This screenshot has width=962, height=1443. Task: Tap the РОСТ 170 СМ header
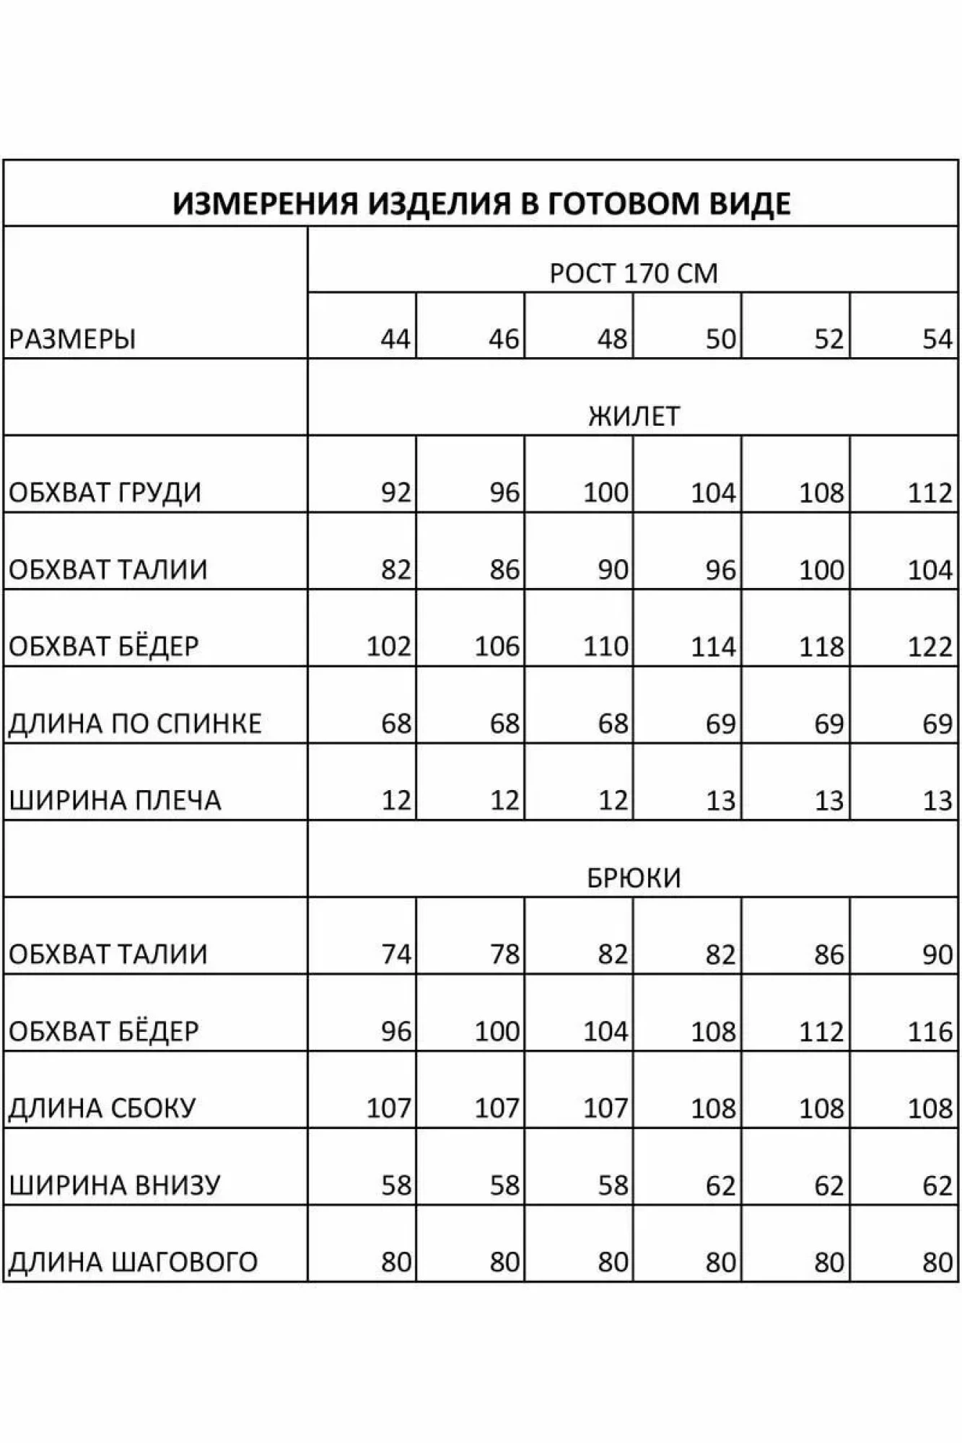tap(633, 273)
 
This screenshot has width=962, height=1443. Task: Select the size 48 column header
tap(612, 338)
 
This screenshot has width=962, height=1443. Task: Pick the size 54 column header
tap(937, 338)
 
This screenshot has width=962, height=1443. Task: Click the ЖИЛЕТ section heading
tap(633, 416)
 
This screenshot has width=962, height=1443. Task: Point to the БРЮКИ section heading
tap(633, 878)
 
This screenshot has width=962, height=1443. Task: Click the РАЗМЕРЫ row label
tap(72, 338)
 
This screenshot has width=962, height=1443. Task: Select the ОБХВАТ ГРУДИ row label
tap(105, 493)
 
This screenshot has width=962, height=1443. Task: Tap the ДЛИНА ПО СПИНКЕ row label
tap(135, 724)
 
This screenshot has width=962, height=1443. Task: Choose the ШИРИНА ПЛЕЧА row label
tap(115, 800)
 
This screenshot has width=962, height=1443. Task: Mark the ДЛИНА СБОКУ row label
tap(102, 1108)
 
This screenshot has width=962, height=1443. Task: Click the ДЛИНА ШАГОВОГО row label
tap(133, 1262)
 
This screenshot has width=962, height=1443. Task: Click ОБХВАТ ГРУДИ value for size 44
tap(395, 493)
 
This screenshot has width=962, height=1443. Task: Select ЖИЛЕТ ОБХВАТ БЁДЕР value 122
tap(930, 646)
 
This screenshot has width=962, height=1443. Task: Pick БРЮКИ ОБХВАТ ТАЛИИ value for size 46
tap(504, 955)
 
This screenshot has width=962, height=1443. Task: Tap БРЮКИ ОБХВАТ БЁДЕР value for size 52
tap(821, 1032)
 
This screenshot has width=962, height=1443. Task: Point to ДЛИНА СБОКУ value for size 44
tap(388, 1108)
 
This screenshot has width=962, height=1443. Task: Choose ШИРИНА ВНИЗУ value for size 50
tap(720, 1185)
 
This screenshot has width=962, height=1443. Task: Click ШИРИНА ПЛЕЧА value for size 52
tap(828, 800)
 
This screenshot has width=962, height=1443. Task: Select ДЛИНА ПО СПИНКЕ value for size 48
tap(612, 724)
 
